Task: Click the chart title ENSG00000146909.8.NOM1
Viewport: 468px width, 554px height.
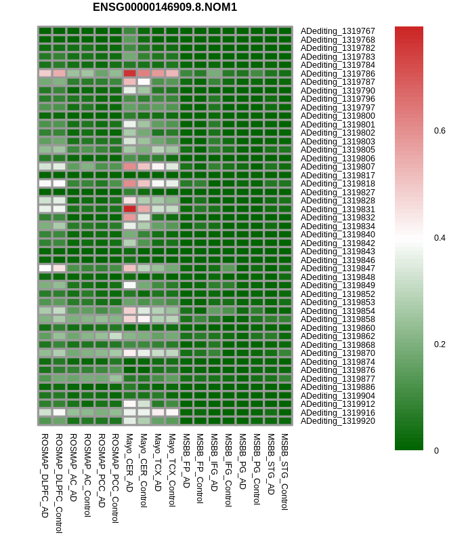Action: (165, 7)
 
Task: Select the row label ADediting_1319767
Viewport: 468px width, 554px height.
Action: (337, 31)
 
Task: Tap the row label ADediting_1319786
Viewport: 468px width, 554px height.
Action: (337, 73)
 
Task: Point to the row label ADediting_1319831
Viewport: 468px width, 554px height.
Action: (337, 209)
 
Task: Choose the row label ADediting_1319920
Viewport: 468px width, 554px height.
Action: (337, 421)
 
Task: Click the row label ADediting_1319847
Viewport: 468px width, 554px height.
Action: (337, 269)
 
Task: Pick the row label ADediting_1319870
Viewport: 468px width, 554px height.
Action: (337, 353)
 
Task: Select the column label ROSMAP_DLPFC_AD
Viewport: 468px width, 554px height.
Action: (45, 475)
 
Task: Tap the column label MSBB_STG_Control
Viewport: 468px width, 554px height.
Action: (284, 471)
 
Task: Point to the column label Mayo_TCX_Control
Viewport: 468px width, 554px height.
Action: (172, 470)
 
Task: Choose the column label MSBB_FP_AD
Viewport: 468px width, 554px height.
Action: (186, 461)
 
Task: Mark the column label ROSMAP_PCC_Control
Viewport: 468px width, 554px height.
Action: (115, 478)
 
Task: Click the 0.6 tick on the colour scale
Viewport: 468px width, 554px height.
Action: (440, 131)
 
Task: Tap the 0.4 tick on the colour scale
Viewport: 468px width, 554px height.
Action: (440, 237)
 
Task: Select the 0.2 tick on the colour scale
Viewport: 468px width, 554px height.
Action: (440, 344)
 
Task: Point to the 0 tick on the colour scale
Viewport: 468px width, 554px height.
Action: (437, 450)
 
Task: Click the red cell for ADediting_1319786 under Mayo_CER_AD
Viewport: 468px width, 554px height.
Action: (129, 73)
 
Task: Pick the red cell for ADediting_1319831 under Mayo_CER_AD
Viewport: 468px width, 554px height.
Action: (129, 209)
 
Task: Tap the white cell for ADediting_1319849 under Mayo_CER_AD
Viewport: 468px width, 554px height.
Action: (129, 285)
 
